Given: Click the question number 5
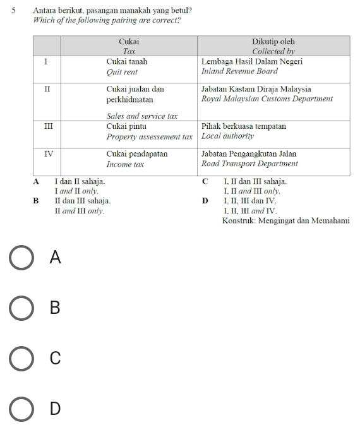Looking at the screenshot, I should (x=13, y=11).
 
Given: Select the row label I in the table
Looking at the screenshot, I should (x=47, y=62).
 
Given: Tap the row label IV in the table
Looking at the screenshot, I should (x=48, y=154).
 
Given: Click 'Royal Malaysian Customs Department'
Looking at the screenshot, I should (x=267, y=99).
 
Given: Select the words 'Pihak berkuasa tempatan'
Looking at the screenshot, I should (x=243, y=126).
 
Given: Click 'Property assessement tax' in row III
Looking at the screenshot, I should (x=149, y=136).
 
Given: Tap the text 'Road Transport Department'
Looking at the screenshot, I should (x=249, y=164).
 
